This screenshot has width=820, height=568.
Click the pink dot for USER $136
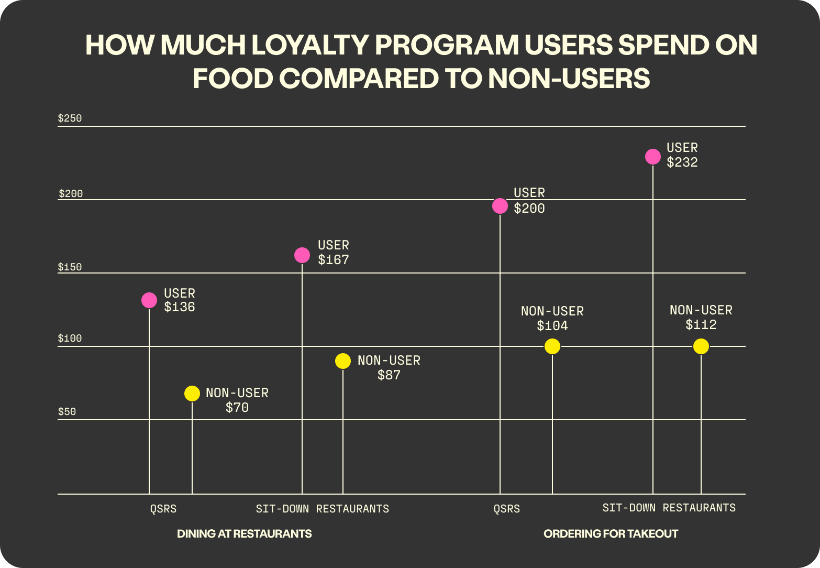[x=149, y=300]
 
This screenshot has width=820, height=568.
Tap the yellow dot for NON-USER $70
[x=192, y=394]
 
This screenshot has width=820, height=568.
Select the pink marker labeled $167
[x=302, y=255]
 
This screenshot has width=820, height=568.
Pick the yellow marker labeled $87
[x=343, y=361]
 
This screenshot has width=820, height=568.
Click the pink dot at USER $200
[x=500, y=206]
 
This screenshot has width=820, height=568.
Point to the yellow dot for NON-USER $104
[x=552, y=346]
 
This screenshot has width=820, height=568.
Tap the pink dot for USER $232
[x=653, y=157]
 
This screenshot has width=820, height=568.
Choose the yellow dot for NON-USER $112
[x=701, y=346]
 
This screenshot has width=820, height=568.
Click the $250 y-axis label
[x=70, y=118]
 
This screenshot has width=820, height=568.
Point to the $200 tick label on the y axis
[x=71, y=194]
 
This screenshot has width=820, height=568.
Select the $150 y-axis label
[x=70, y=267]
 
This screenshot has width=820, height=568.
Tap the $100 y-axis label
[x=70, y=338]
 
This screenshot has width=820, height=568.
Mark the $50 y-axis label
[x=67, y=412]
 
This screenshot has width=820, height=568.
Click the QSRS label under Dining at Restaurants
[x=163, y=509]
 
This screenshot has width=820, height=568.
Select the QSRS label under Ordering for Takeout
[x=507, y=509]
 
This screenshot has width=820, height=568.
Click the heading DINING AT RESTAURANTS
[x=244, y=534]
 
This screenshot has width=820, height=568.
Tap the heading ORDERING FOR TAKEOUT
[x=611, y=534]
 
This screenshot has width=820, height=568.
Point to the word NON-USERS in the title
[x=569, y=79]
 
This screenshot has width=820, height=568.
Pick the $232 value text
[x=682, y=162]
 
